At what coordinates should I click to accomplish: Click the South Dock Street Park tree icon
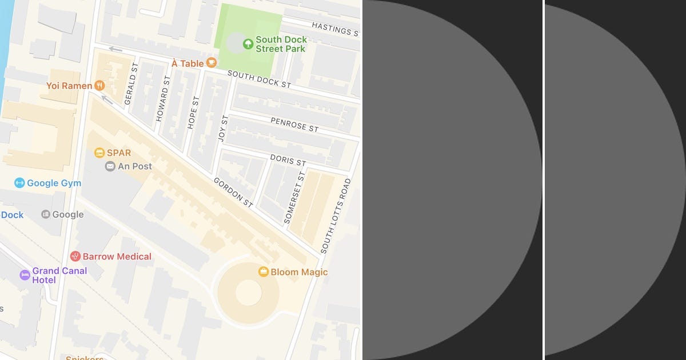point(248,44)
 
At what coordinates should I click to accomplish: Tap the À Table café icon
point(212,63)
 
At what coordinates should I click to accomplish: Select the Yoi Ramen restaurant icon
point(99,86)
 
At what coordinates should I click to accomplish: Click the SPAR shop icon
point(99,153)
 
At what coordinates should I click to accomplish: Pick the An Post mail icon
point(110,166)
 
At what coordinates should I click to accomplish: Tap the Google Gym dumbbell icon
point(19,183)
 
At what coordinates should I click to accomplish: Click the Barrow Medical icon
point(75,257)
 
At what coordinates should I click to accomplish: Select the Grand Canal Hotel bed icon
point(25,275)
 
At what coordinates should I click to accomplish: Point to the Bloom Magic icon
point(264,272)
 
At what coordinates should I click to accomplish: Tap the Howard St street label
point(163,97)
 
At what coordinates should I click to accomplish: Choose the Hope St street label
point(194,112)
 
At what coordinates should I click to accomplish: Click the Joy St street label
point(223,128)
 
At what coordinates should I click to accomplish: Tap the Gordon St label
point(233,192)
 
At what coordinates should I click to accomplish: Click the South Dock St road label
point(259,79)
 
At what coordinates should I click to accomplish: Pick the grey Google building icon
point(46,214)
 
